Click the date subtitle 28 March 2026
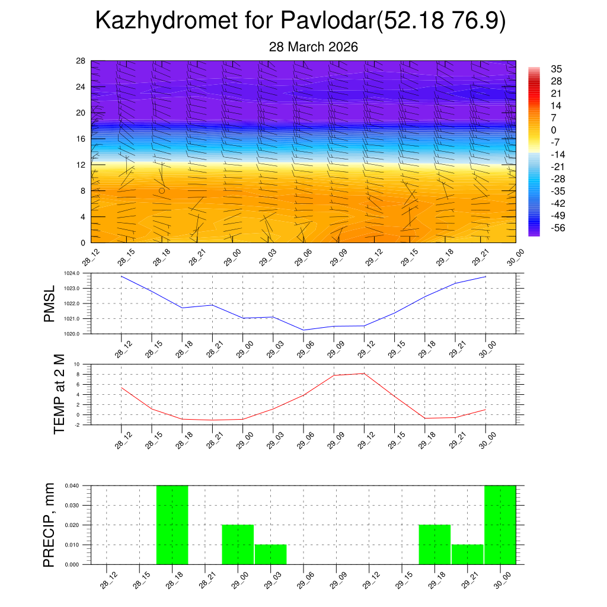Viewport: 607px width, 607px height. [314, 47]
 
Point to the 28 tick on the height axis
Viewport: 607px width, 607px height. [81, 61]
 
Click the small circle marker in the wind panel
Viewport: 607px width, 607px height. [162, 191]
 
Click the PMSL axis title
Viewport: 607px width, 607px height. [49, 304]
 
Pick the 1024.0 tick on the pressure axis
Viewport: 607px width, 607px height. [79, 273]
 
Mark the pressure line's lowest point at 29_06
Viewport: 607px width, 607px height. [303, 330]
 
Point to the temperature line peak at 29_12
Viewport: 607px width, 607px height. [364, 373]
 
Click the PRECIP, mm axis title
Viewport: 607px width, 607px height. [49, 525]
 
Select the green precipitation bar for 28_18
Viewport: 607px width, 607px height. [172, 525]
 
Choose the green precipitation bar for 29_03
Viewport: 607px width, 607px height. [271, 554]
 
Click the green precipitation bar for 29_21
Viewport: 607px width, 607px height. [467, 554]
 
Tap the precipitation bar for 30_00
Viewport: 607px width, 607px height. [500, 525]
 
